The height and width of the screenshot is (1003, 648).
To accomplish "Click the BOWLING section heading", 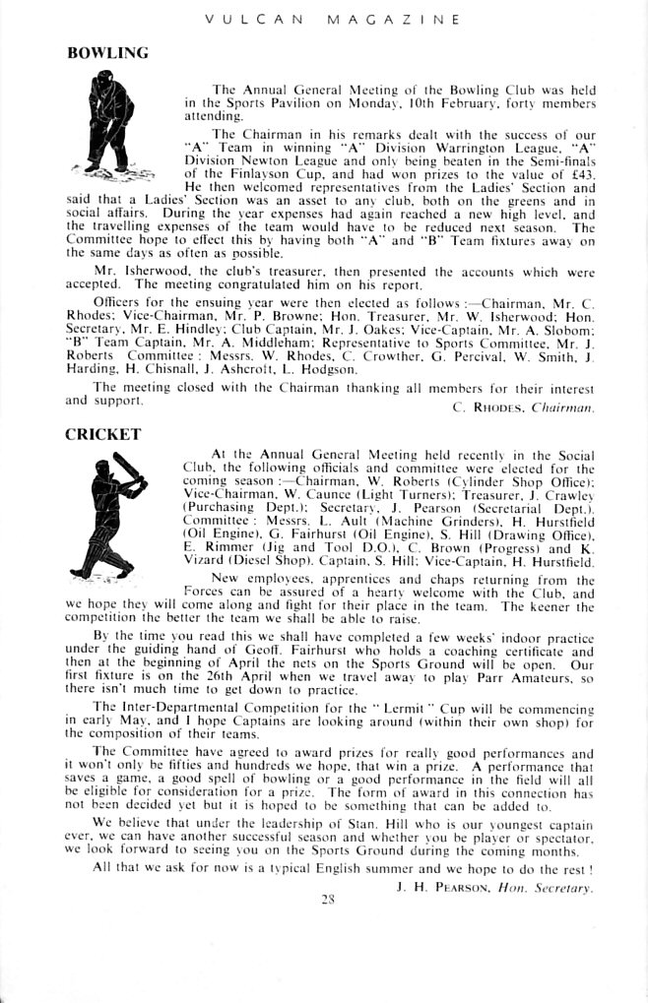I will click(106, 53).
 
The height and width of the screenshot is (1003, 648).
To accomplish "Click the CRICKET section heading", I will click(102, 433).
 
